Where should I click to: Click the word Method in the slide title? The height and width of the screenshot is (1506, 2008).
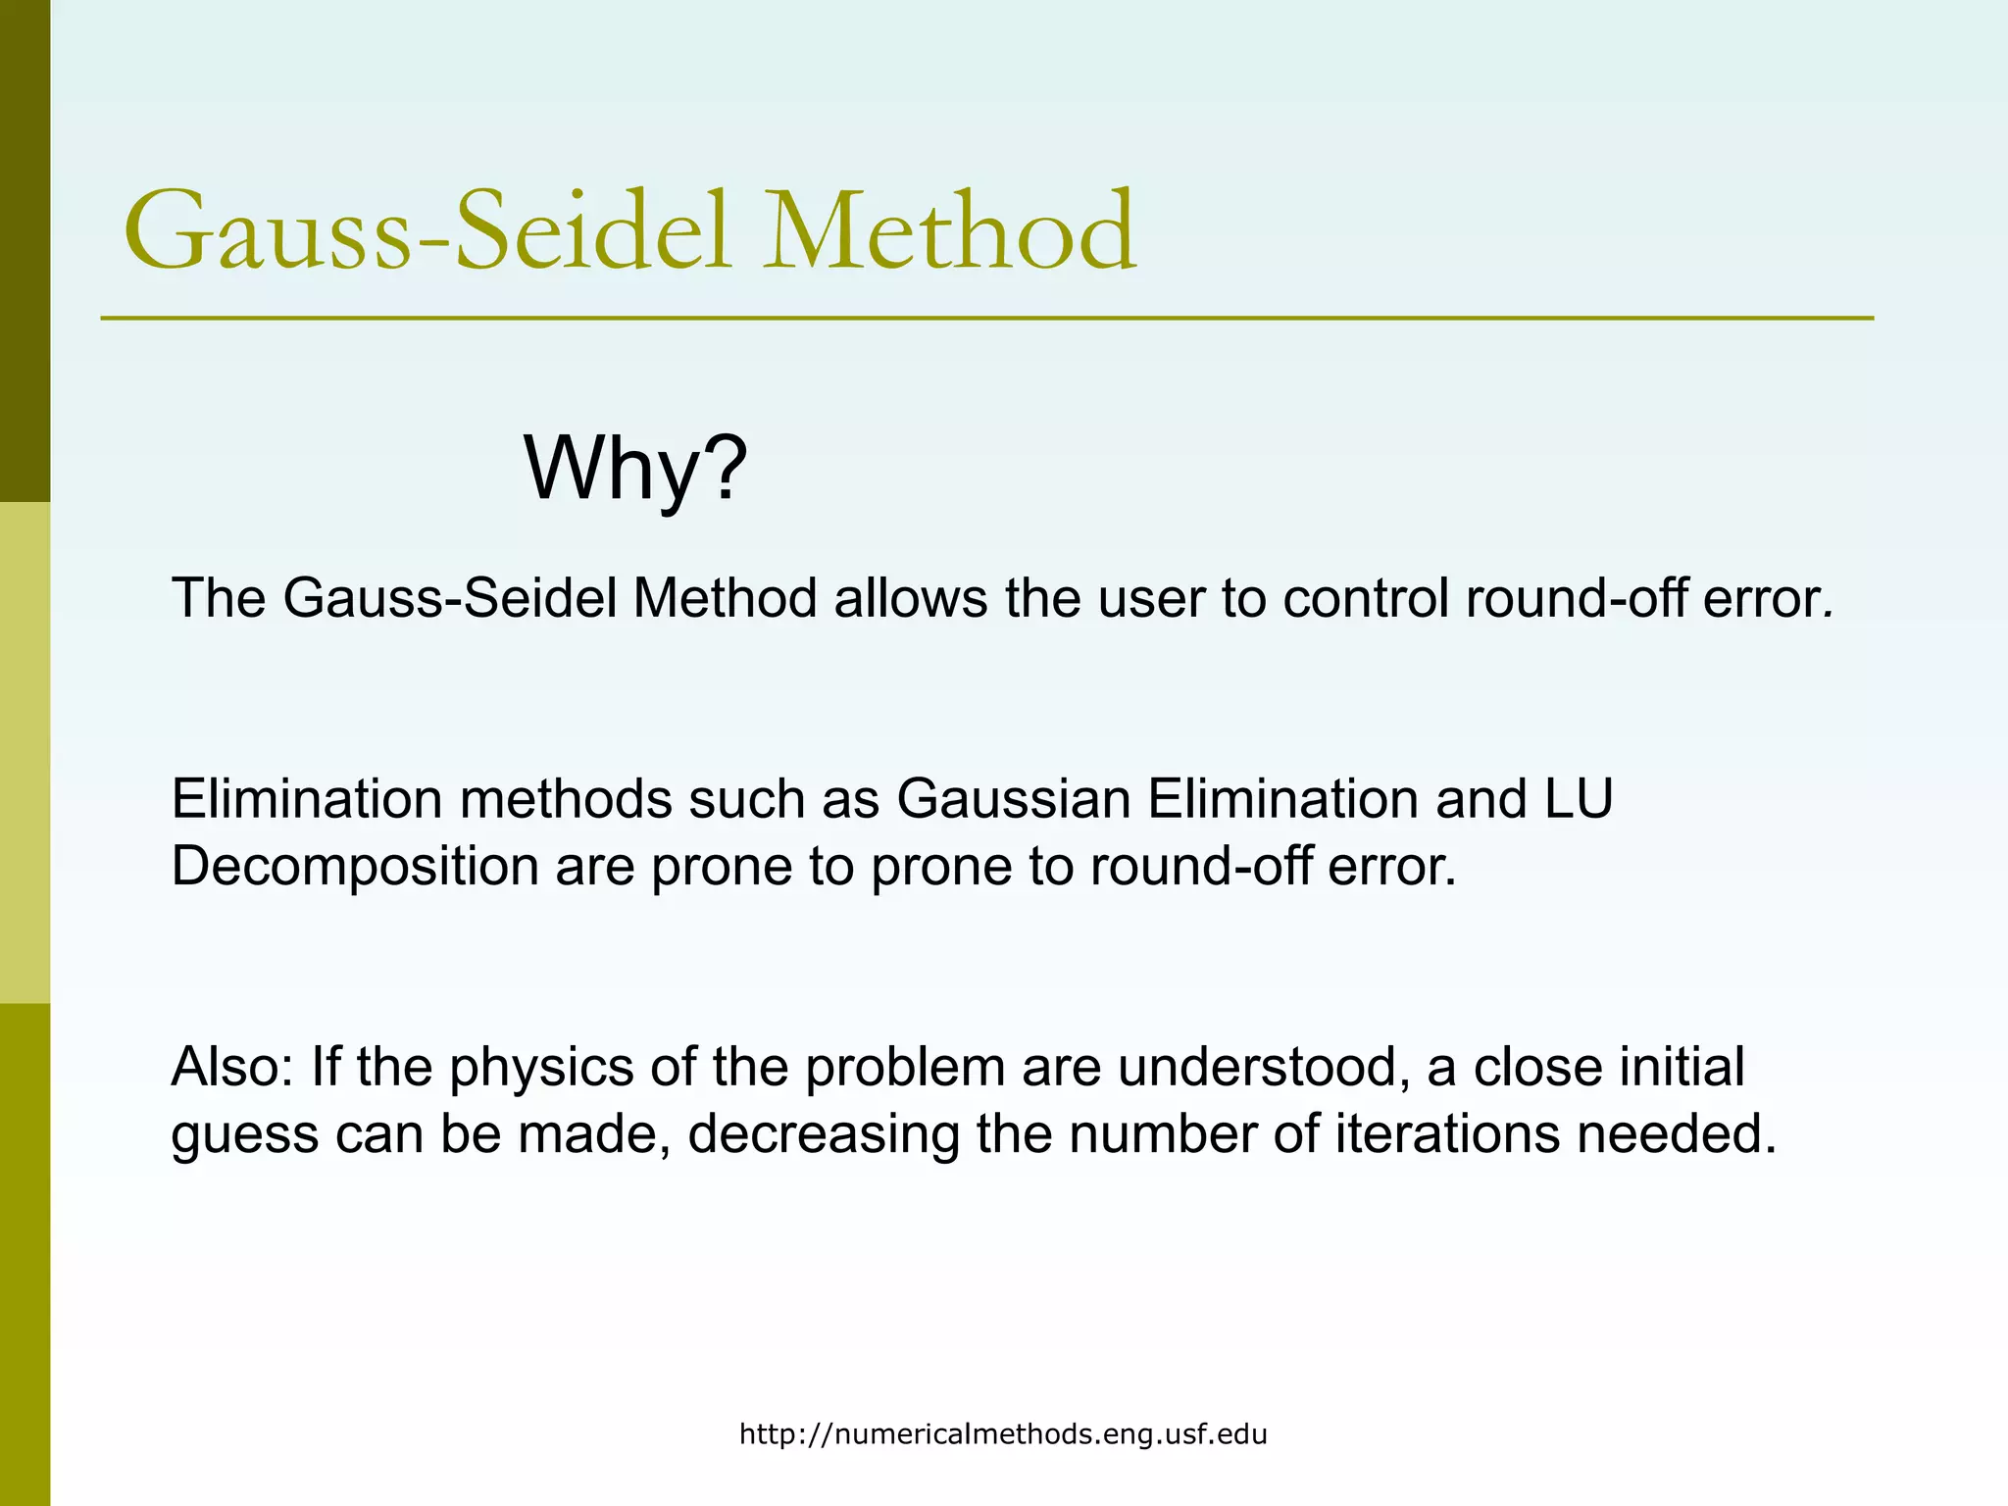[x=949, y=231]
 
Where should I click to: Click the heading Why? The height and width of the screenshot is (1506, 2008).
[x=635, y=469]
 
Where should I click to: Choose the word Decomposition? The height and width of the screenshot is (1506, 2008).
[x=355, y=867]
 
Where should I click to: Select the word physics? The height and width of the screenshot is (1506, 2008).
[x=541, y=1067]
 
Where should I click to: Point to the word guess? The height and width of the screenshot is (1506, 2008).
[x=245, y=1134]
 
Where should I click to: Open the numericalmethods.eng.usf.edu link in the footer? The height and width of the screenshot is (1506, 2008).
[x=1003, y=1434]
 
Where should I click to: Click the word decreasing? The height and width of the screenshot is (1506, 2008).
[x=824, y=1134]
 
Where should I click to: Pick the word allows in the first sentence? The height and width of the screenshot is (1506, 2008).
[x=911, y=598]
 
